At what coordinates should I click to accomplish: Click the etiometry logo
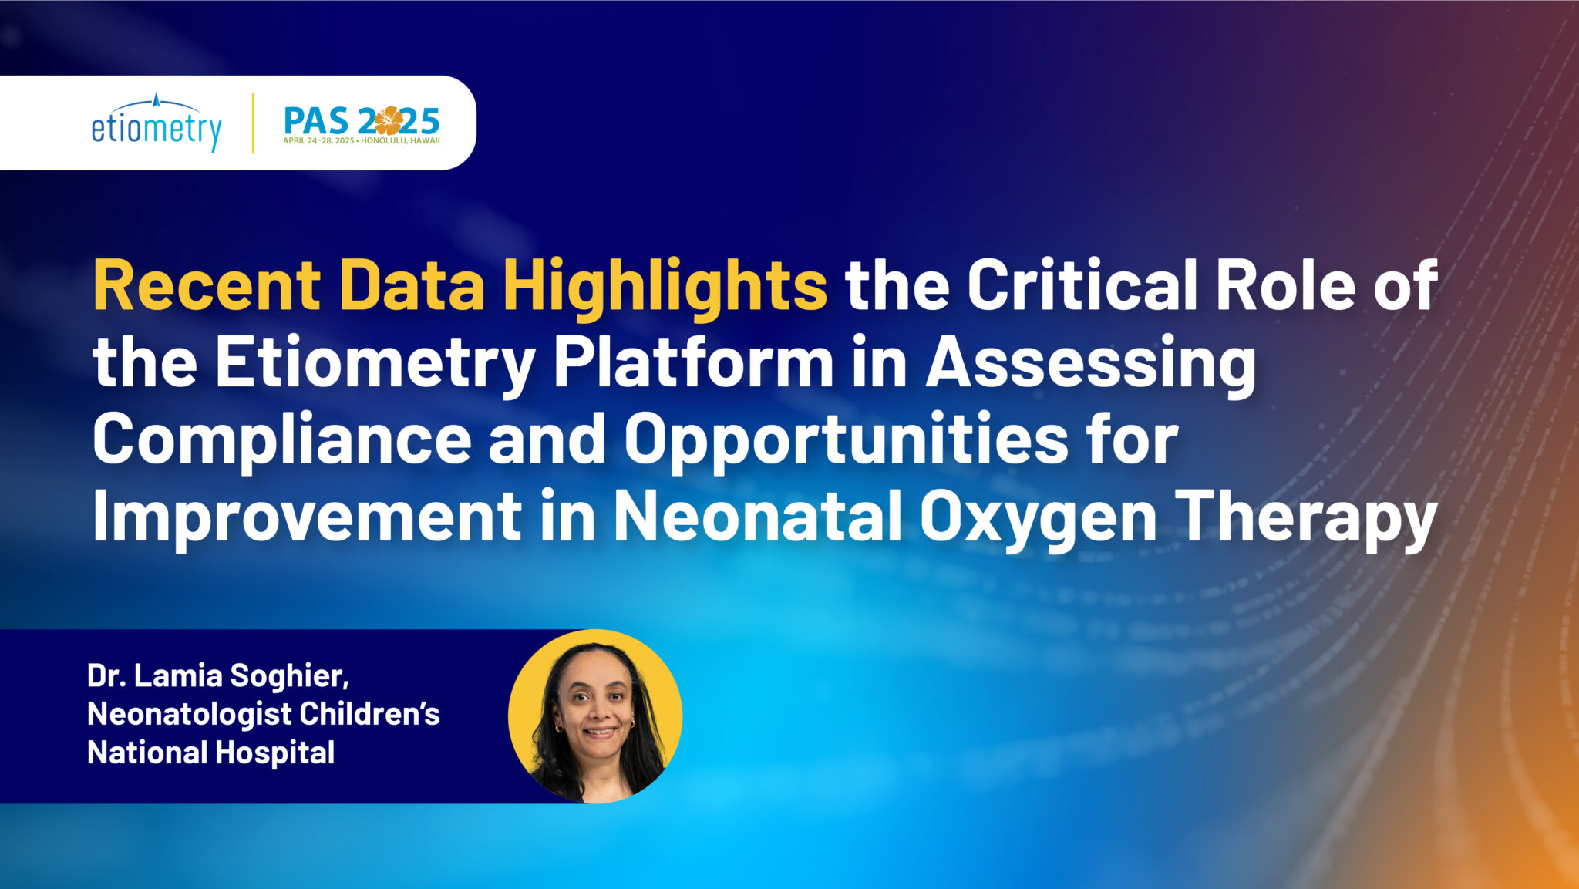157,123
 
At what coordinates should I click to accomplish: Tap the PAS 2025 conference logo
362,124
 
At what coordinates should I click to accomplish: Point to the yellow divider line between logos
253,123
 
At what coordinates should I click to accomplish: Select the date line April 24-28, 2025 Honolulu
362,141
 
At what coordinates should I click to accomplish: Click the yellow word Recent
207,285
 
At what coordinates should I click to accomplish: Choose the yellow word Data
412,285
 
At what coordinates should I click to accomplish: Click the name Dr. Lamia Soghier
218,676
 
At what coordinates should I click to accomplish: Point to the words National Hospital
211,753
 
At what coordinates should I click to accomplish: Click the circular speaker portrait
595,716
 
